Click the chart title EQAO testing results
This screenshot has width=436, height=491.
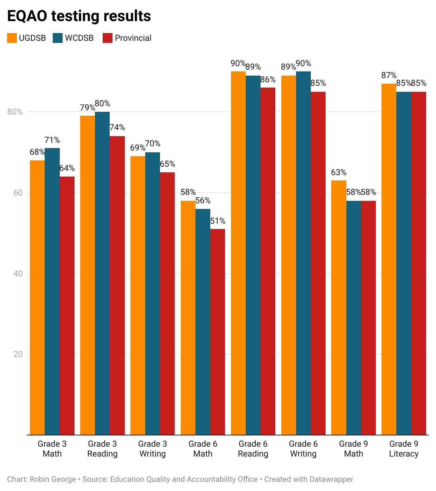click(x=79, y=16)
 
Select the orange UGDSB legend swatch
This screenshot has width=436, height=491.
click(x=12, y=38)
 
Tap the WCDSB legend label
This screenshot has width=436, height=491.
click(x=79, y=38)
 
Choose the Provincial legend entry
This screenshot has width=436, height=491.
click(x=133, y=38)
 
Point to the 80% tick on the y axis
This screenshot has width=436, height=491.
click(x=15, y=112)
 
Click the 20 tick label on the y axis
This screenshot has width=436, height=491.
click(x=18, y=354)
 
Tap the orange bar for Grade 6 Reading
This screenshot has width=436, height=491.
click(x=238, y=253)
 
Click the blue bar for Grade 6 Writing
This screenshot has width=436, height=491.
click(x=303, y=253)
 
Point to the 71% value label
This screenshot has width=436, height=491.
click(x=52, y=140)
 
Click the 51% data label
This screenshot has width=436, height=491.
click(x=218, y=221)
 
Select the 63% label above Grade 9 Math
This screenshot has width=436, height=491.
click(x=339, y=172)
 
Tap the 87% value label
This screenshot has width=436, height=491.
click(x=389, y=75)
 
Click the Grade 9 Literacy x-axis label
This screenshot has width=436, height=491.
click(x=404, y=449)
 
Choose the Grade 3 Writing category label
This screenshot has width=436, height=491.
click(x=153, y=449)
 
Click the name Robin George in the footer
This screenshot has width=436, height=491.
click(x=53, y=479)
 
